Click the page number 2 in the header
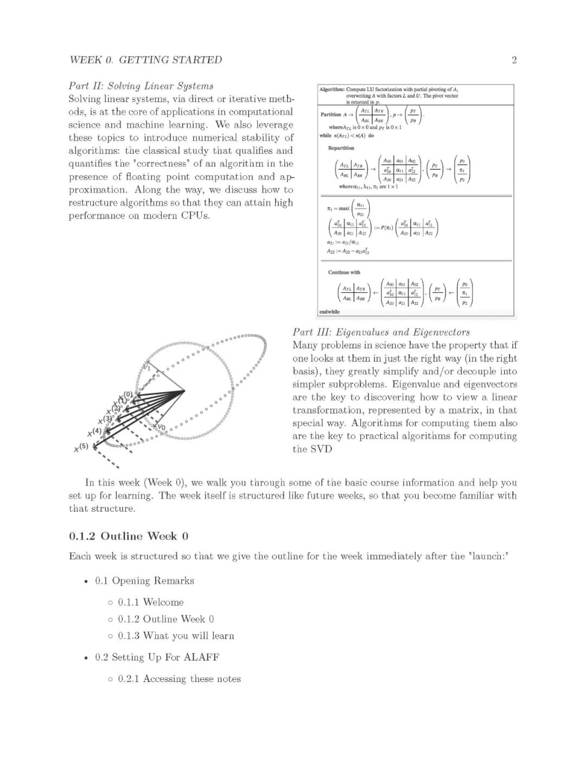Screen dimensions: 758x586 coord(514,60)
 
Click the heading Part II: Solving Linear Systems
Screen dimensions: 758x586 coord(141,86)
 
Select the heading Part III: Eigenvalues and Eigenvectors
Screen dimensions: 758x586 coord(381,332)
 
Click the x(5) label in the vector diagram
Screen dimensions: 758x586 coord(81,448)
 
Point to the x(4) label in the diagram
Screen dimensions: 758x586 coord(94,432)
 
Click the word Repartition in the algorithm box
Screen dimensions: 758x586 coord(341,148)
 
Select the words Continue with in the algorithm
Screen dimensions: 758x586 coord(344,272)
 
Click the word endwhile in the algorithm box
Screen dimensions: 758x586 coord(329,312)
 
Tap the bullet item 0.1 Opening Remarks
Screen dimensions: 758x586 coord(144,581)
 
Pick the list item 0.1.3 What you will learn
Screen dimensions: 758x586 coord(176,636)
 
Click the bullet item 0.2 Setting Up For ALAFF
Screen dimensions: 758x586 coord(157,658)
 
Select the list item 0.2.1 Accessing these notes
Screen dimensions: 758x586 coord(179,679)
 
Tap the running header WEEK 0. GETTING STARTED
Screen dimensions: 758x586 coord(146,60)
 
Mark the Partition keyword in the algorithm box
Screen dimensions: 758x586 coord(330,114)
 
